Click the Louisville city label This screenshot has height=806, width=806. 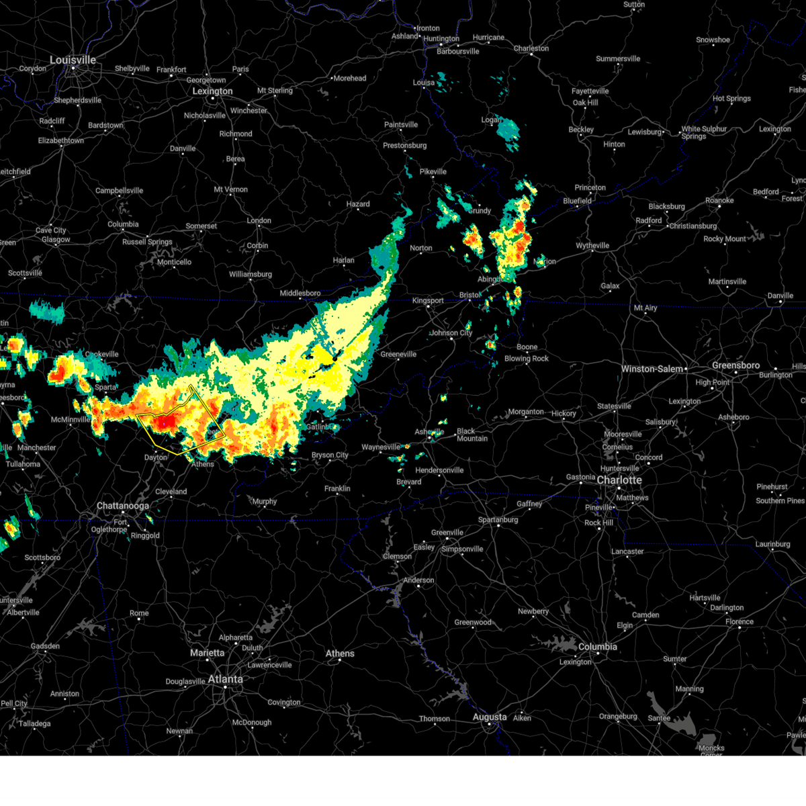click(73, 60)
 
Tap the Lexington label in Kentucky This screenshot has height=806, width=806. click(212, 91)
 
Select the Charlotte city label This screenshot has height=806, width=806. click(619, 480)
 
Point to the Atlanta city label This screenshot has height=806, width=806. click(225, 679)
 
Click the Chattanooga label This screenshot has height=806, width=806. click(123, 506)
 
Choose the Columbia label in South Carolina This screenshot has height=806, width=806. click(597, 647)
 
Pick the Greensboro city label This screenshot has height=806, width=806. click(735, 365)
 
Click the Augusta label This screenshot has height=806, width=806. click(490, 717)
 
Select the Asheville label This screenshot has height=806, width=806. click(429, 432)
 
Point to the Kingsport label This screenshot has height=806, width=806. click(428, 300)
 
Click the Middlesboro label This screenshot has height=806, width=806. click(300, 294)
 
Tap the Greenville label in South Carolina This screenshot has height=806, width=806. click(447, 533)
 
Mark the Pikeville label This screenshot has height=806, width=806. click(433, 172)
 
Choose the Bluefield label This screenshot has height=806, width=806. click(577, 201)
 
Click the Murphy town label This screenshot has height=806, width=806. click(265, 501)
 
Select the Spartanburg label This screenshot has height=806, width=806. click(498, 520)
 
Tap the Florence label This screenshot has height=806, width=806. click(740, 621)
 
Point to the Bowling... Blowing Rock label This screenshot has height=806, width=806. click(527, 359)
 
